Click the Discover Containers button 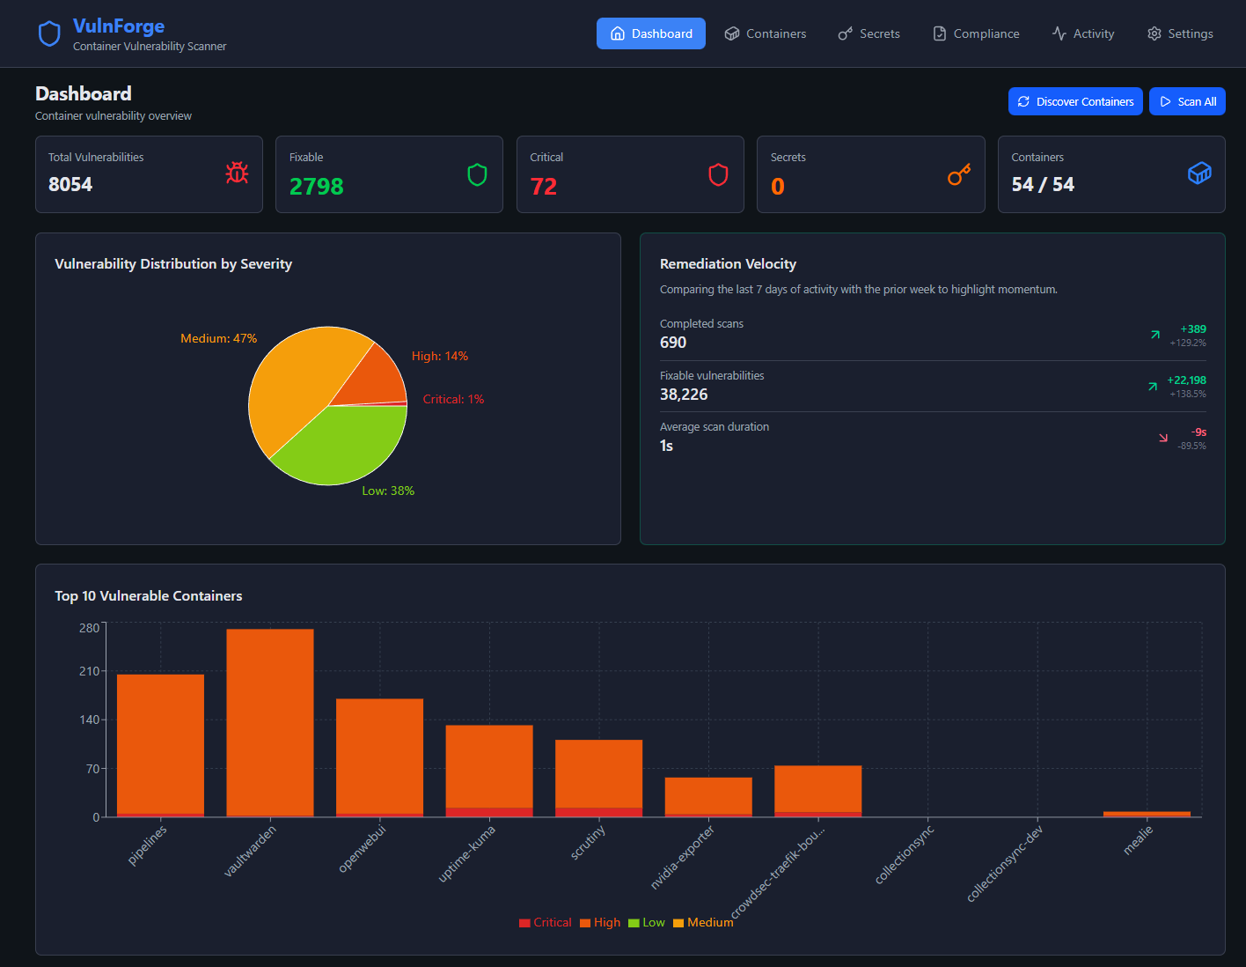pos(1075,101)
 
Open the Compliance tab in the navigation pos(976,33)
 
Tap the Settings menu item pos(1180,33)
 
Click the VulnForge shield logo pos(49,33)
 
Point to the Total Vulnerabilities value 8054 pos(70,184)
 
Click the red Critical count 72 pos(543,187)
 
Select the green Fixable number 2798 pos(316,187)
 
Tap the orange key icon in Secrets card pos(958,174)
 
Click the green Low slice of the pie pos(343,445)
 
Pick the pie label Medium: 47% pos(218,338)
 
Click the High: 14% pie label pos(440,356)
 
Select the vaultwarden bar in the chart pos(269,722)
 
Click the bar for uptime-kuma pos(489,766)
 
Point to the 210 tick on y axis pos(89,671)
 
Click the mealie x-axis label pos(1138,841)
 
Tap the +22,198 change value pos(1186,380)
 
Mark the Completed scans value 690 pos(673,343)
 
